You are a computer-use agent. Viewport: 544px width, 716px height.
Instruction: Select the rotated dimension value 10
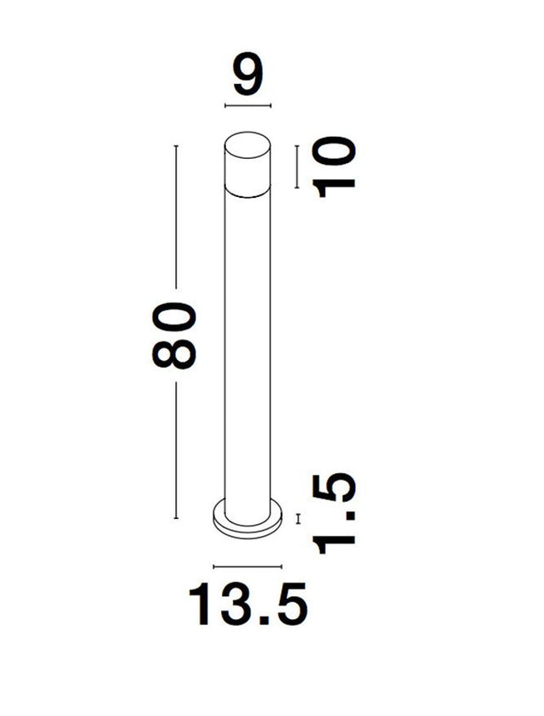[x=333, y=166]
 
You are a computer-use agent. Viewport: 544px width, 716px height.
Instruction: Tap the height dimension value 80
[x=173, y=334]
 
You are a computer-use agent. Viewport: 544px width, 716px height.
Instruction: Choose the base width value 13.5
[x=247, y=605]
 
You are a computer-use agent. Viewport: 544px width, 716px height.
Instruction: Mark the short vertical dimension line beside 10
[x=297, y=166]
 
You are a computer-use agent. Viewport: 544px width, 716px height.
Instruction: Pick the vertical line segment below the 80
[x=176, y=450]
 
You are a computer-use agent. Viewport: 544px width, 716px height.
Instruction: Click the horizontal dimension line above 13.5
[x=246, y=567]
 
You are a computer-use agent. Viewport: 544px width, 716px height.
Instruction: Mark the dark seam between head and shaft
[x=247, y=193]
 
